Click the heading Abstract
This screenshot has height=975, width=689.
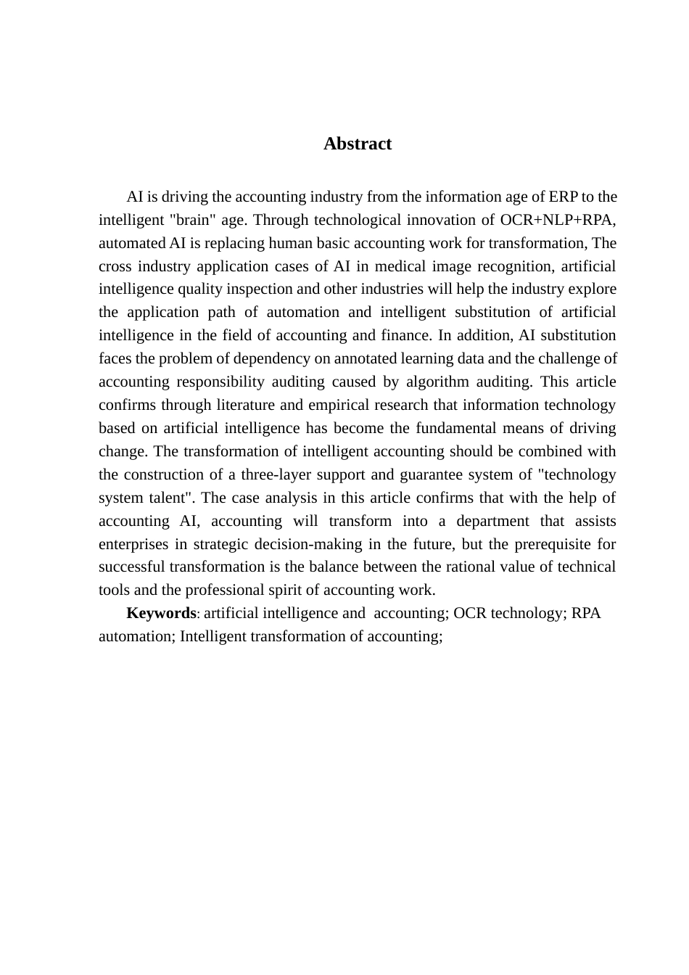[x=358, y=144]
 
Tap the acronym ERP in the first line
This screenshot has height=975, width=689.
[x=564, y=197]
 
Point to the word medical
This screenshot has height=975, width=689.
[x=395, y=266]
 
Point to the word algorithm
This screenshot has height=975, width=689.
[x=437, y=382]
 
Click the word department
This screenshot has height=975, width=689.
[x=493, y=521]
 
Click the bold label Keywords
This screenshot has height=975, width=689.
[x=161, y=613]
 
